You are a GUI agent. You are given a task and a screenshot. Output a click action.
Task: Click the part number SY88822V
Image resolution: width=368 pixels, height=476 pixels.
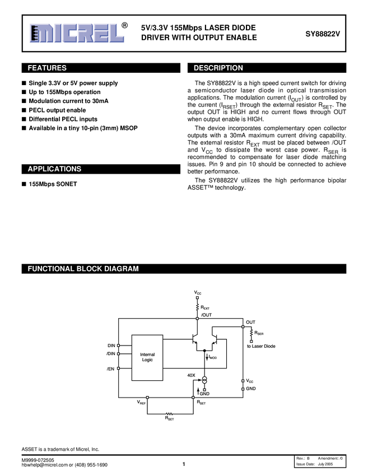(x=322, y=34)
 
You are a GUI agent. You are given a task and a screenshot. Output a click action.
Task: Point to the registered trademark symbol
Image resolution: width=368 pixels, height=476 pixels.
(x=124, y=25)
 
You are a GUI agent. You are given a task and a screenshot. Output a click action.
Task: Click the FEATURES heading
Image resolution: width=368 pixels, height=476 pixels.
(x=47, y=68)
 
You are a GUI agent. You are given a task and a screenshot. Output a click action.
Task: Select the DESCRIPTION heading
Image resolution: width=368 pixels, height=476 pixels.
(x=218, y=68)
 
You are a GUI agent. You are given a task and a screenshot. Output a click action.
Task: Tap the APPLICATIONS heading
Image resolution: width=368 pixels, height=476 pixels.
(x=54, y=169)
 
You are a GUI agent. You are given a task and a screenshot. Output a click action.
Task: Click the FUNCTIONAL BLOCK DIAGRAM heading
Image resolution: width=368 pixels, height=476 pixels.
(x=83, y=269)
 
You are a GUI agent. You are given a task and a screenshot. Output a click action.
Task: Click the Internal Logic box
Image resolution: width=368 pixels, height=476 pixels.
(x=147, y=357)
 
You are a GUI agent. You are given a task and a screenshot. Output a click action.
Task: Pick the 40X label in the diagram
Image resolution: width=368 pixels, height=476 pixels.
(x=192, y=375)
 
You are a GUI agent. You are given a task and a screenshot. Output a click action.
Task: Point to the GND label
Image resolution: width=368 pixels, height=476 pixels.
(x=204, y=394)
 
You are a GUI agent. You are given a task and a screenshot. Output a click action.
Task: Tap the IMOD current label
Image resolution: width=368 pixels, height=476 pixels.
(x=213, y=357)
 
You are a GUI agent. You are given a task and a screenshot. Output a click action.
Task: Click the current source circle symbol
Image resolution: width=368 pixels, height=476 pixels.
(x=204, y=381)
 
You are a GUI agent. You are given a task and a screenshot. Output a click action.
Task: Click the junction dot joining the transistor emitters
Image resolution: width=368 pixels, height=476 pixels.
(x=204, y=351)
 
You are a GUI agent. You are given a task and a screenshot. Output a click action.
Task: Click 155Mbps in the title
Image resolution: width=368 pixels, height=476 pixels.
(x=188, y=27)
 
